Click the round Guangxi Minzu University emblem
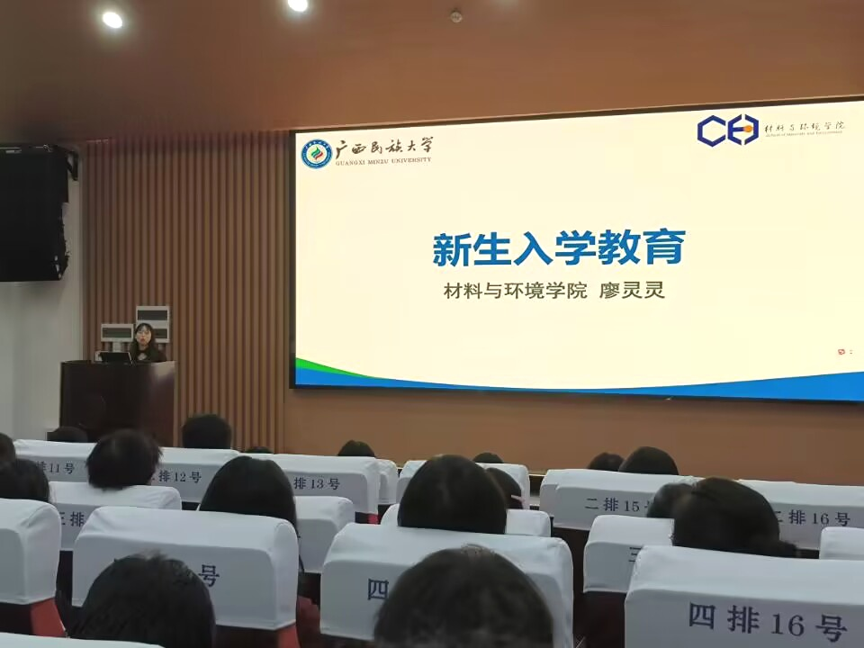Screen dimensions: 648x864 pyautogui.click(x=316, y=153)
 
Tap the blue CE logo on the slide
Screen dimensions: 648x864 pyautogui.click(x=727, y=130)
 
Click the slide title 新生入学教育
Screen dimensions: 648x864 pyautogui.click(x=558, y=248)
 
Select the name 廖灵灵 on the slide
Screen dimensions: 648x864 pyautogui.click(x=634, y=291)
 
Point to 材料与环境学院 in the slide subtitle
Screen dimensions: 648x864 pyautogui.click(x=515, y=291)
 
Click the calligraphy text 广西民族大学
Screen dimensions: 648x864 pyautogui.click(x=383, y=147)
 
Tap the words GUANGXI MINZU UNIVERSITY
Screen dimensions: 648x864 pyautogui.click(x=383, y=161)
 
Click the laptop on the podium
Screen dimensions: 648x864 pyautogui.click(x=115, y=356)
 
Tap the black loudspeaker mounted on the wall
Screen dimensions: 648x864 pyautogui.click(x=34, y=212)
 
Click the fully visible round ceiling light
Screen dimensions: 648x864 pyautogui.click(x=112, y=19)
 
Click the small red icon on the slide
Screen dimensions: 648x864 pyautogui.click(x=841, y=351)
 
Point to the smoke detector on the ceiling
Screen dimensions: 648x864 pyautogui.click(x=455, y=16)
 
